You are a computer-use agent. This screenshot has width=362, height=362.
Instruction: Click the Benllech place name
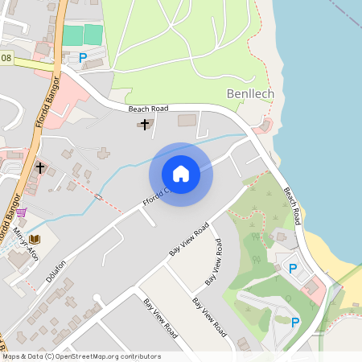click(250, 94)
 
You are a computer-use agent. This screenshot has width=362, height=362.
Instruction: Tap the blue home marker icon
click(181, 174)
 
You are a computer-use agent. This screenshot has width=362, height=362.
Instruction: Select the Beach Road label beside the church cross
click(148, 108)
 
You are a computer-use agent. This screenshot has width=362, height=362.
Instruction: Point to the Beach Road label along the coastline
click(292, 205)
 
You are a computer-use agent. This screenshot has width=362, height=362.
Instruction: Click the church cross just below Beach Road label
click(145, 124)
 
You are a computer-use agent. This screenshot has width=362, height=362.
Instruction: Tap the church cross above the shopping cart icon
click(40, 168)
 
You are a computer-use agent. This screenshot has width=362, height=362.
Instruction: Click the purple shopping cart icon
click(21, 212)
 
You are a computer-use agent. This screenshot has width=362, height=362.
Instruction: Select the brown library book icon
click(35, 240)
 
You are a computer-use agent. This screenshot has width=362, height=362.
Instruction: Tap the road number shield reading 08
click(6, 59)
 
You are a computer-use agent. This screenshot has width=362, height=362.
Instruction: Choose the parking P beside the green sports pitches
click(83, 57)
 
